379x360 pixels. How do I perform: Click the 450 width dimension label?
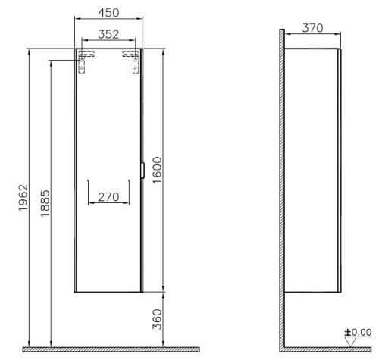(108, 13)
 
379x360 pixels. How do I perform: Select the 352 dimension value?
(108, 34)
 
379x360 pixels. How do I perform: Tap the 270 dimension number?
(108, 197)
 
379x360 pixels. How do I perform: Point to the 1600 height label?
(157, 170)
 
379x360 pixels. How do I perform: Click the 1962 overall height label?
(23, 198)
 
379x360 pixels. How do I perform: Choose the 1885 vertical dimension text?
(45, 203)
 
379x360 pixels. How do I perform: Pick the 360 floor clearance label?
(157, 319)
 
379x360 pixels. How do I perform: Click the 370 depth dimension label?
(312, 28)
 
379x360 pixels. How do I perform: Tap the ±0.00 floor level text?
(358, 333)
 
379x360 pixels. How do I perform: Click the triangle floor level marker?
(350, 343)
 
